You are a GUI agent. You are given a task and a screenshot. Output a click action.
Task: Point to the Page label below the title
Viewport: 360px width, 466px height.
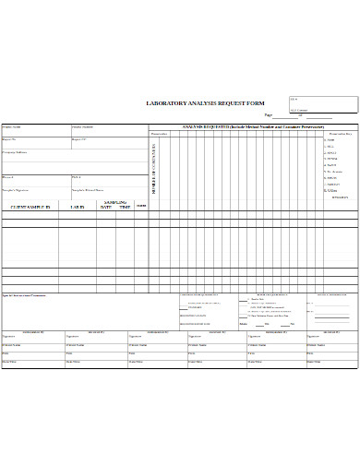(x=269, y=114)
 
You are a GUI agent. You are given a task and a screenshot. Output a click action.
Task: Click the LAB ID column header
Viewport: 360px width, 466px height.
(x=78, y=208)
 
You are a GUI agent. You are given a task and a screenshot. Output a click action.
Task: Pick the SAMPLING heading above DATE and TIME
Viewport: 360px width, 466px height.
(x=114, y=201)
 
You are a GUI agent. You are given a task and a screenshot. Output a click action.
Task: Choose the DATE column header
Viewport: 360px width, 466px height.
(x=105, y=208)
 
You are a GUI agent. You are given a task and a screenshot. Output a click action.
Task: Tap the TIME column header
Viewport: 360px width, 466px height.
(x=124, y=208)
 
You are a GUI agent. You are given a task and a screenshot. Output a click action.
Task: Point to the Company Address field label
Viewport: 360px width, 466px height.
(x=15, y=152)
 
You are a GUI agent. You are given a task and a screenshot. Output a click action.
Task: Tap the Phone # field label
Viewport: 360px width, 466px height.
(x=8, y=176)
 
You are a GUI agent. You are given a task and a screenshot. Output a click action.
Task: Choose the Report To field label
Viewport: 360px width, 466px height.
(x=9, y=139)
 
